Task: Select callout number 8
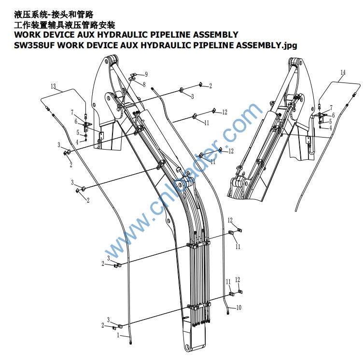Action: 143,84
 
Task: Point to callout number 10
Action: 238,307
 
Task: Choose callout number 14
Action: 343,72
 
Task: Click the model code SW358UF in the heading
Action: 32,45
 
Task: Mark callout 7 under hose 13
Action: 72,112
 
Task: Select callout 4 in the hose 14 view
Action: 330,128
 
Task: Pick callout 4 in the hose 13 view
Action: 77,142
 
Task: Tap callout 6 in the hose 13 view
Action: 76,121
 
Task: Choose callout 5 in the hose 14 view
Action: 330,122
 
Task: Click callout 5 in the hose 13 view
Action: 77,132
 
